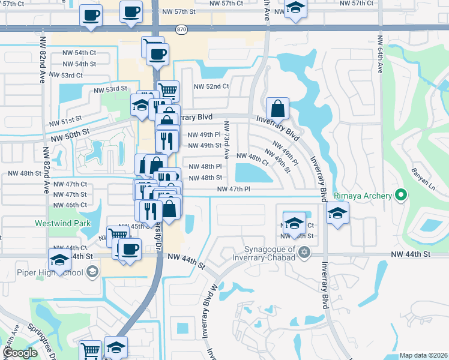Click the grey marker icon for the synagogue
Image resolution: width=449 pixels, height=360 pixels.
305,252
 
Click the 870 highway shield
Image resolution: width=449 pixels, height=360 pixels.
182,29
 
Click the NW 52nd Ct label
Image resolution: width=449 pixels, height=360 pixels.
211,86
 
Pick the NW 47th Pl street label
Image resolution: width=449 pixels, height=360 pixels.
234,189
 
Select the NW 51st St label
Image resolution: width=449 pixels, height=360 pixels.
66,121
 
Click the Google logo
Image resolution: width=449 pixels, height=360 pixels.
20,353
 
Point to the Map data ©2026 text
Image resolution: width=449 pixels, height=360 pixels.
423,355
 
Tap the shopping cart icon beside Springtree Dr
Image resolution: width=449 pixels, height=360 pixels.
91,350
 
